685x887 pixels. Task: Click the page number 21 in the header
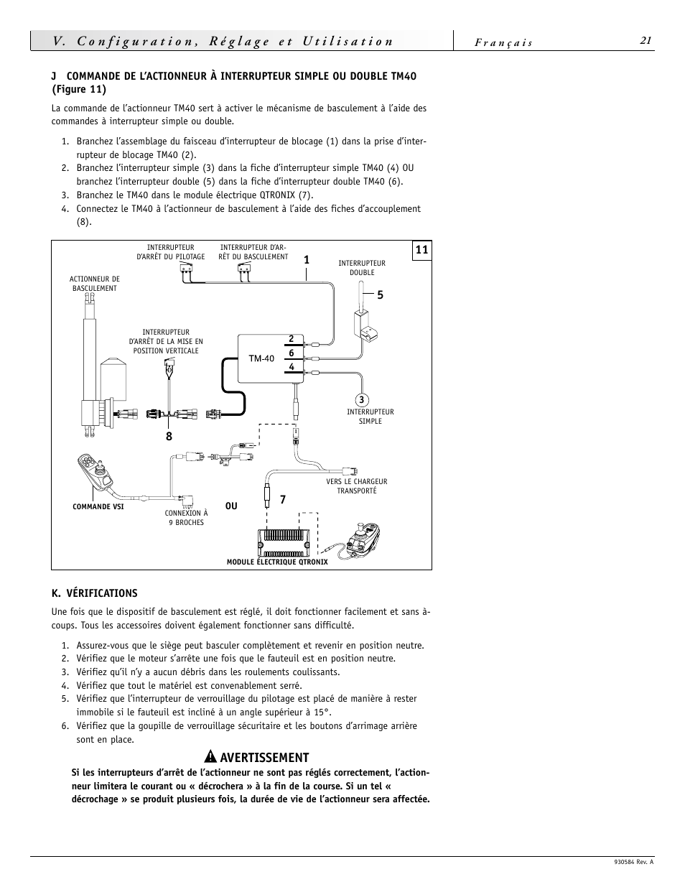click(x=646, y=41)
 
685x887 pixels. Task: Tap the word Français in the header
click(x=503, y=42)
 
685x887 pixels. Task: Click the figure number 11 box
click(x=421, y=250)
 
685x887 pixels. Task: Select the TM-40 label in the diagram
click(x=261, y=358)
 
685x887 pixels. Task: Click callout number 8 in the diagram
click(x=169, y=436)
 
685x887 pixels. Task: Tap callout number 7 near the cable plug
click(x=283, y=500)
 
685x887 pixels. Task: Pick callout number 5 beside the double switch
click(x=381, y=295)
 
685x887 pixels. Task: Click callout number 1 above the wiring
click(x=306, y=260)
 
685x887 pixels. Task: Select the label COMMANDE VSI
click(x=98, y=507)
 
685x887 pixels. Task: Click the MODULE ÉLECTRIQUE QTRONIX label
click(x=277, y=562)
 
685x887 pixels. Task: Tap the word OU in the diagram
click(x=231, y=506)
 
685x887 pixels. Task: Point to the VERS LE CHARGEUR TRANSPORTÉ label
click(x=357, y=486)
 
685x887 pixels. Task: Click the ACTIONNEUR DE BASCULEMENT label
click(x=94, y=284)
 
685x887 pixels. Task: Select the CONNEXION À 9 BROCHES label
click(x=186, y=518)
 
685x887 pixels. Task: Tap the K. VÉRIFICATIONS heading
click(x=94, y=593)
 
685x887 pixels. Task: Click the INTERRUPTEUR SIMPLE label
click(x=370, y=417)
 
